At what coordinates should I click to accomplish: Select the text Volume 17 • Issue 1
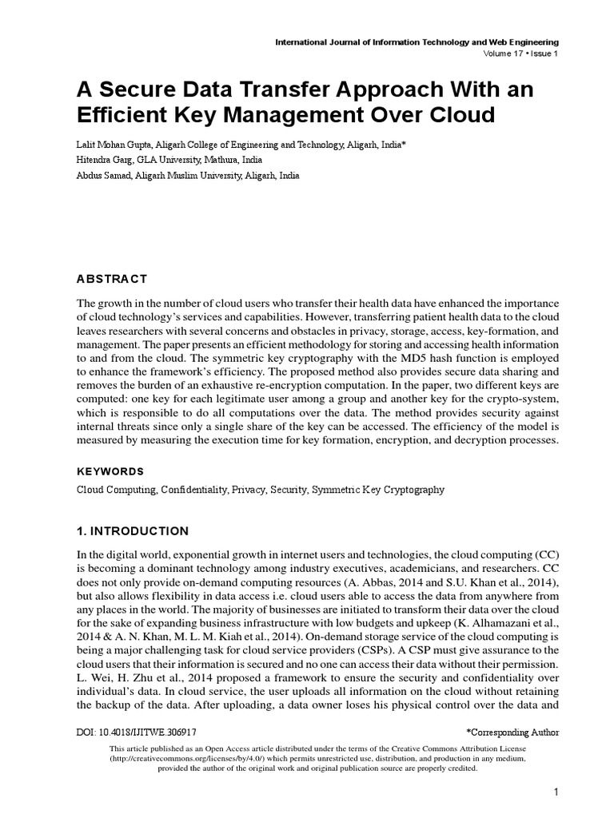[x=520, y=54]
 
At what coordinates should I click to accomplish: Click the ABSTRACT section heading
[x=112, y=279]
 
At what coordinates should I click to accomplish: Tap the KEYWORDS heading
[x=110, y=471]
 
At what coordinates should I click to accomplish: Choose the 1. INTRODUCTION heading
[x=133, y=531]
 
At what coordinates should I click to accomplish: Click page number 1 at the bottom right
[x=554, y=792]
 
